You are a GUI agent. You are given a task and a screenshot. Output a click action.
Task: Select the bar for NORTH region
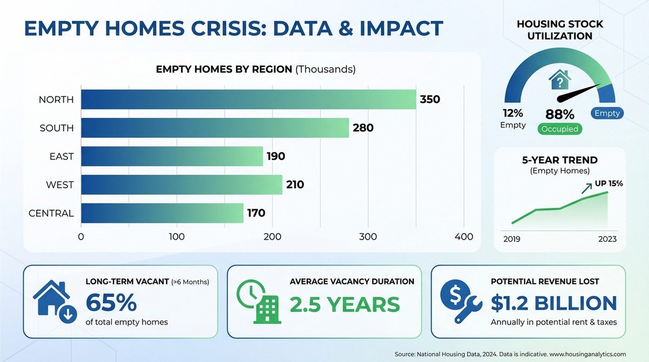[249, 100]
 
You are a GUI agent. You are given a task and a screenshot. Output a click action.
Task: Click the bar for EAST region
[172, 156]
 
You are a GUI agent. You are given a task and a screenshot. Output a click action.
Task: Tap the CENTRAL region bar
[162, 213]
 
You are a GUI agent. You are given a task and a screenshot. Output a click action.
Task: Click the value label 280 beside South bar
[363, 128]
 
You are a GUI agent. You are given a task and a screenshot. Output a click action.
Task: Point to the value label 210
[295, 185]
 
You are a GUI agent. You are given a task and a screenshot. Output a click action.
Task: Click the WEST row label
[59, 185]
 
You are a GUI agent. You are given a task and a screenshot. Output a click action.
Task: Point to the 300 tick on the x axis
[368, 236]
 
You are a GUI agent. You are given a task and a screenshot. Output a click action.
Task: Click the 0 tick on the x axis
[81, 236]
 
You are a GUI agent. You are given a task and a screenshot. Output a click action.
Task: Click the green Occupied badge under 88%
[559, 129]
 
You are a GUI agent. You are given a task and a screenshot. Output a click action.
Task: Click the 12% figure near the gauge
[512, 113]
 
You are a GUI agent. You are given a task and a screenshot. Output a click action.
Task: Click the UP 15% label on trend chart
[609, 183]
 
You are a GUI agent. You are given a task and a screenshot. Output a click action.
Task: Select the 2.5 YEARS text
[345, 305]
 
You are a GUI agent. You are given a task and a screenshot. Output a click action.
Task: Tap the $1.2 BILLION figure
[553, 304]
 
